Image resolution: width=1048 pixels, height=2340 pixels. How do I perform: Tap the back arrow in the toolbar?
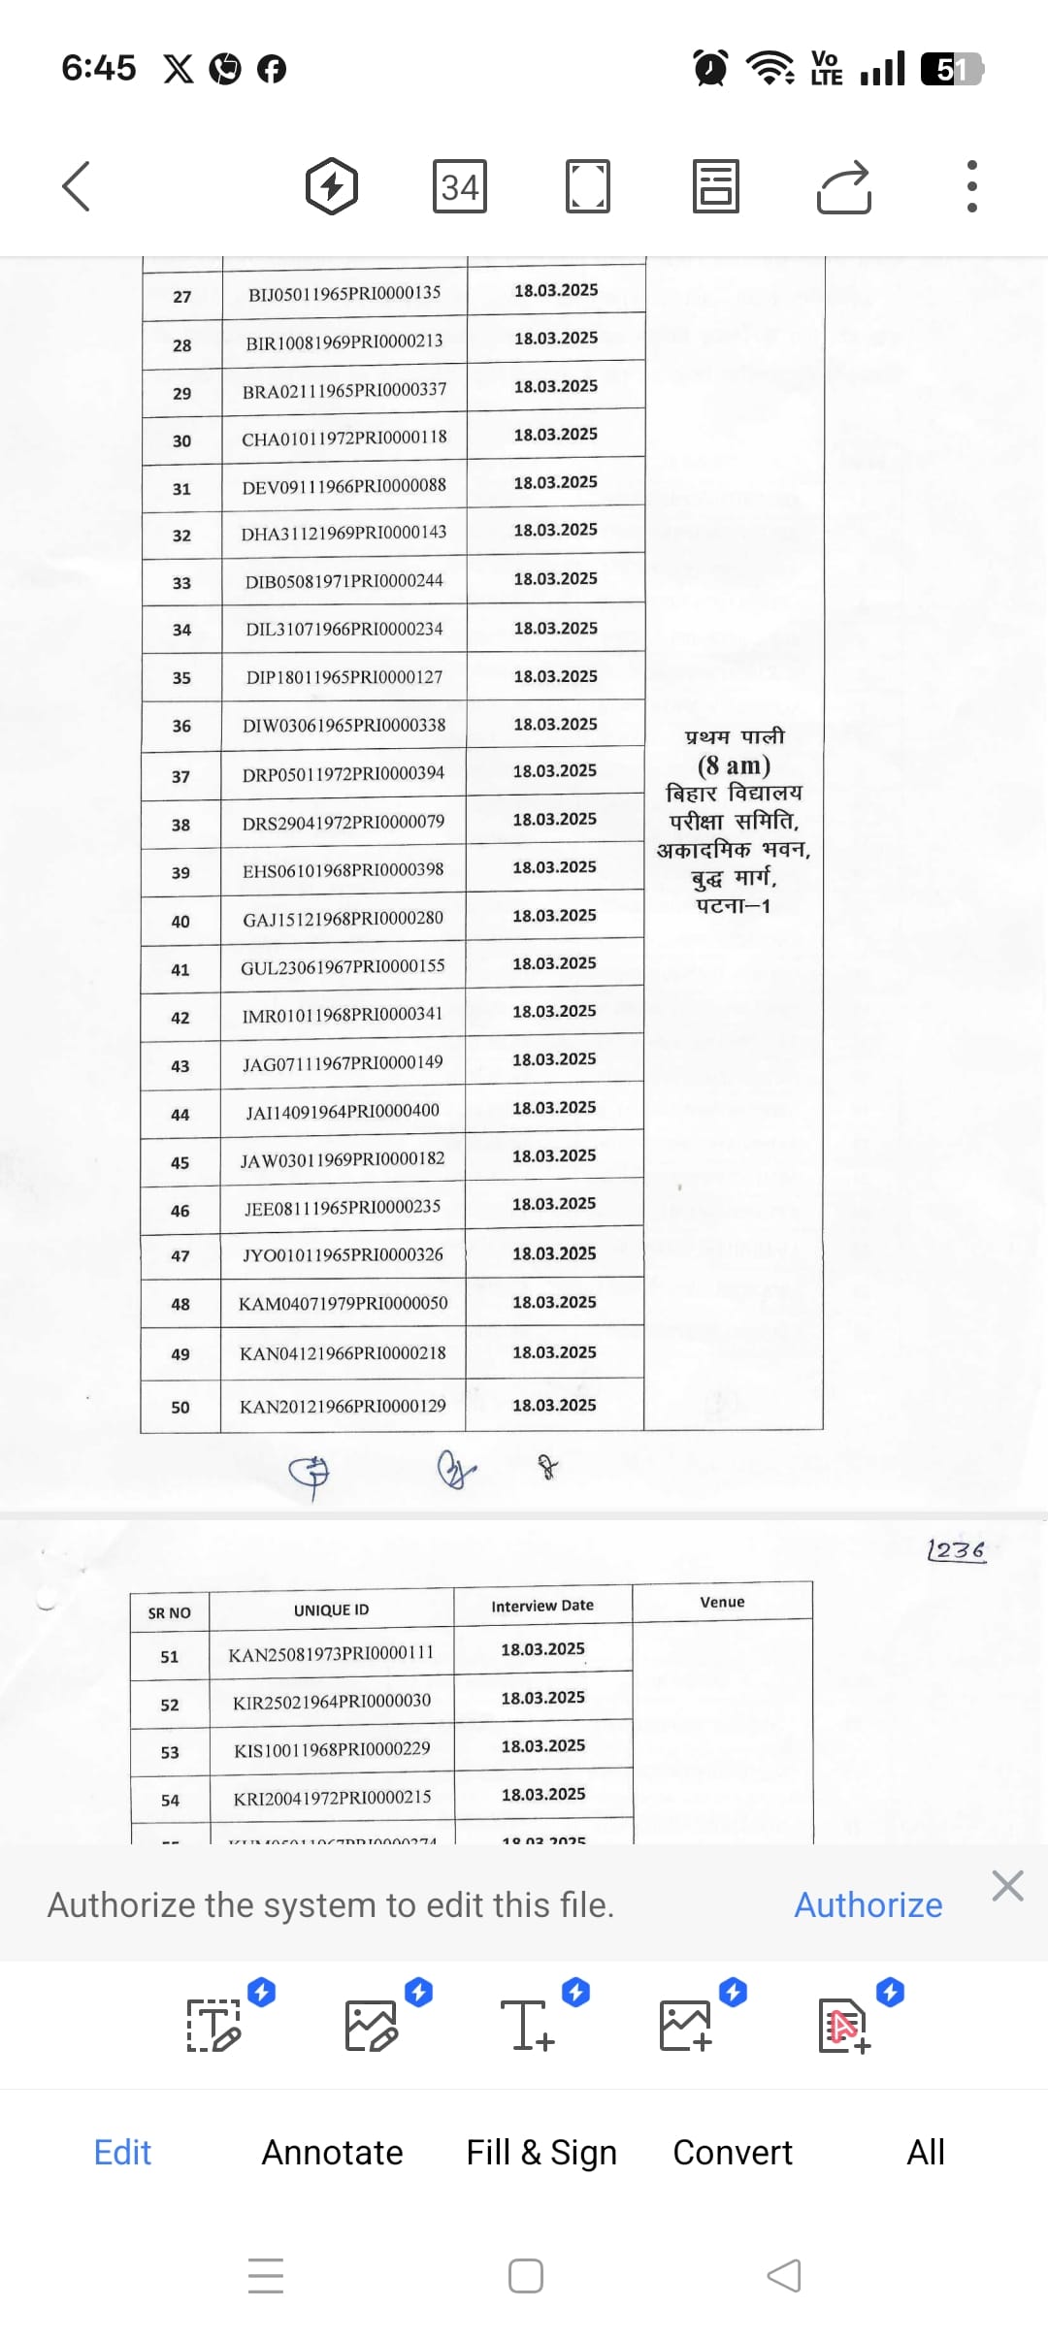coord(77,186)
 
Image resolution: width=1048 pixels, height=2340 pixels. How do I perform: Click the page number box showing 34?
coord(459,186)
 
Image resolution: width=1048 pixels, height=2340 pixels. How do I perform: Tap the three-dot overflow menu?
coord(972,186)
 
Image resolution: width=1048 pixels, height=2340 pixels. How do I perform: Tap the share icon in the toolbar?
coord(844,186)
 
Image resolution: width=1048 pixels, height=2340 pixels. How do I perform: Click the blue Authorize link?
coord(868,1905)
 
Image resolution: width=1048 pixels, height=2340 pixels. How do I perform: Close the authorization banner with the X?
coord(1008,1886)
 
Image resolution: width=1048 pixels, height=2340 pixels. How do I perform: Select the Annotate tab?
coord(332,2153)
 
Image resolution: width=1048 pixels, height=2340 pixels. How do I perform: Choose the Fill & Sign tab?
coord(541,2153)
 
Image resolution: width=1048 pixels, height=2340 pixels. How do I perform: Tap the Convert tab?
coord(733,2153)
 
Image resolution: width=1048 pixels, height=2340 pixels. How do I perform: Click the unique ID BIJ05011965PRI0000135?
coord(344,293)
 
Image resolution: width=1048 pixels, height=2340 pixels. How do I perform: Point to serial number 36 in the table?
coord(181,726)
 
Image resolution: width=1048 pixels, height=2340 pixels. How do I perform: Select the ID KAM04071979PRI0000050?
coord(344,1303)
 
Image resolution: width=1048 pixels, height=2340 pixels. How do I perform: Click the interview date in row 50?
coord(554,1405)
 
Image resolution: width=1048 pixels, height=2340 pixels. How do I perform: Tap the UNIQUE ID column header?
coord(331,1610)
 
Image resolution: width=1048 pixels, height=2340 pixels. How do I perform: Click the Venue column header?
coord(722,1603)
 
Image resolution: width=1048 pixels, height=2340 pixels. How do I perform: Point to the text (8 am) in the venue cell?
coord(734,766)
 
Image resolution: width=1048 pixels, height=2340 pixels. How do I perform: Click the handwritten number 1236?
coord(956,1550)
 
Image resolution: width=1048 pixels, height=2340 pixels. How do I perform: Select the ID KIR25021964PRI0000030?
coord(332,1701)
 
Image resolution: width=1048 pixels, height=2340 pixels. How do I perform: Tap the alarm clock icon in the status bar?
coord(710,69)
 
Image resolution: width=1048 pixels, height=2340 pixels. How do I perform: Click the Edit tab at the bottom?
coord(122,2153)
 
